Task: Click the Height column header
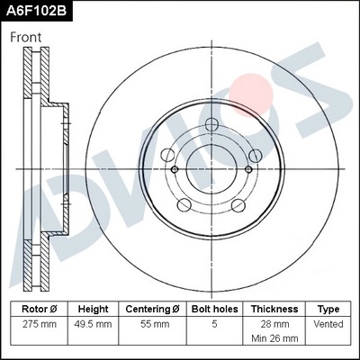[x=94, y=309]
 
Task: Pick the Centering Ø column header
[x=153, y=309]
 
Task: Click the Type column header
[x=328, y=309]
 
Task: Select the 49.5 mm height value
[x=94, y=323]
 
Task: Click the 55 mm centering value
[x=153, y=323]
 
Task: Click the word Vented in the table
[x=328, y=323]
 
